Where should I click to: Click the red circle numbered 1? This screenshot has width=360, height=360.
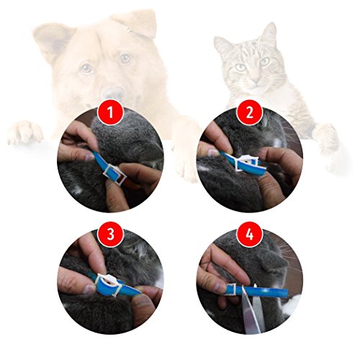click(x=110, y=112)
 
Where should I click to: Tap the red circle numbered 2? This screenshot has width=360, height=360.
click(x=250, y=112)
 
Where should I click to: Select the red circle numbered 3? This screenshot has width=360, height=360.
click(x=110, y=234)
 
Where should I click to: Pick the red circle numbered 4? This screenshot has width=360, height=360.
click(x=250, y=234)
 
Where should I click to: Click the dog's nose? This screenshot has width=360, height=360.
click(x=114, y=93)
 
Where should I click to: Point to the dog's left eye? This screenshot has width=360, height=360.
click(x=125, y=58)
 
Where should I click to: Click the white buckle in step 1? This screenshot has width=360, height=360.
click(x=112, y=174)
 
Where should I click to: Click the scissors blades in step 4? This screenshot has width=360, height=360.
click(x=253, y=311)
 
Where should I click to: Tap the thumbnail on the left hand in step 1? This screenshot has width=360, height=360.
click(x=89, y=157)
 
